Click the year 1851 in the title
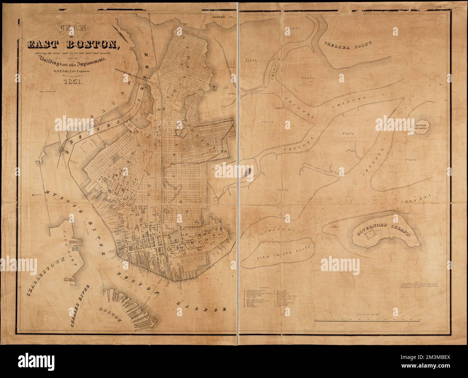pyautogui.click(x=73, y=82)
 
